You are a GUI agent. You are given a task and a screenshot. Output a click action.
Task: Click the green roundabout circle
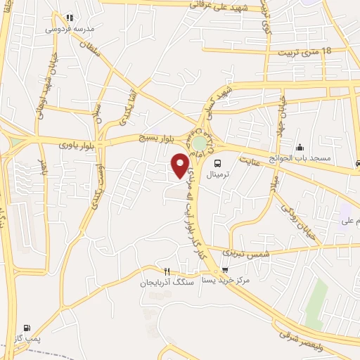(200, 143)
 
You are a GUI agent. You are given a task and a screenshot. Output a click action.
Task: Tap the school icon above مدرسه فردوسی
(69, 18)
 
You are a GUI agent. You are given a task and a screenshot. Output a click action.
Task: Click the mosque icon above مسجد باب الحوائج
(301, 147)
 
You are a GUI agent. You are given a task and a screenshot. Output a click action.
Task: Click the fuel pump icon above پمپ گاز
(27, 328)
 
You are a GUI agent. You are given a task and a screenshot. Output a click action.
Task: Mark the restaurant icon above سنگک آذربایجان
(167, 271)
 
